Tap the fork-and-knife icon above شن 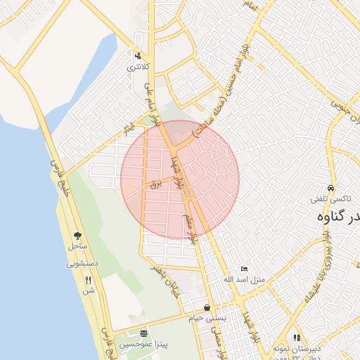(88, 279)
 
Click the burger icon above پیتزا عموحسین (144, 333)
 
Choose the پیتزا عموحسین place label (144, 345)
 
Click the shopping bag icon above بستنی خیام (207, 307)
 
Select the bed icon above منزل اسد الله (244, 269)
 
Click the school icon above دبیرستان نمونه (297, 338)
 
